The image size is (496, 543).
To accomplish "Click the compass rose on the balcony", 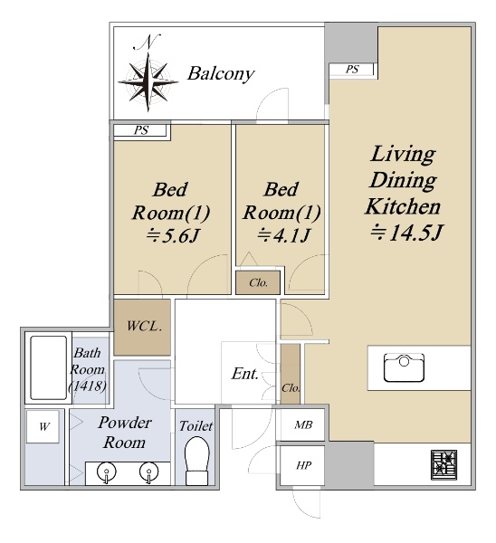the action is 148,82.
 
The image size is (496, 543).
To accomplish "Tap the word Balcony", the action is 221,74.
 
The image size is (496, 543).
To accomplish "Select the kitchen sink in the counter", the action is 404,367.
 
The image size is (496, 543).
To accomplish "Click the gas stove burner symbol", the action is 444,465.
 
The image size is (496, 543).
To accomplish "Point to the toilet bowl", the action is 196,461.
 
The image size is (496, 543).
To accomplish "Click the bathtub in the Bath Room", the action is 49,367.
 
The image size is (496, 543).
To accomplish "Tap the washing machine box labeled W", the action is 43,426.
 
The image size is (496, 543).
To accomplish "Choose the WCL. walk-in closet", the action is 142,327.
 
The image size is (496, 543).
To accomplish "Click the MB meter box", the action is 302,425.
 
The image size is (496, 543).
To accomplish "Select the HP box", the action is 302,465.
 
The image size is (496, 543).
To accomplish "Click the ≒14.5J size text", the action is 407,232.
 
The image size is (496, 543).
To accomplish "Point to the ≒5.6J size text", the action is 172,236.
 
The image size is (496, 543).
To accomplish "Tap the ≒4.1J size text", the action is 283,235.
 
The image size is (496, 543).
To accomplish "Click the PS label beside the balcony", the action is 352,70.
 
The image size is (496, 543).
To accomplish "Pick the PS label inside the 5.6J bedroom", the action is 141,130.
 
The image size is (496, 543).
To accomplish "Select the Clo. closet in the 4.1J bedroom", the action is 258,282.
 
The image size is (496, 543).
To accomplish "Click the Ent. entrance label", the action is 245,374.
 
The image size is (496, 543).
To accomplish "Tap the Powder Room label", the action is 125,433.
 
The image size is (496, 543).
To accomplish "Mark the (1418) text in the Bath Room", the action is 88,386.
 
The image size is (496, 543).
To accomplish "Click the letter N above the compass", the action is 148,42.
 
